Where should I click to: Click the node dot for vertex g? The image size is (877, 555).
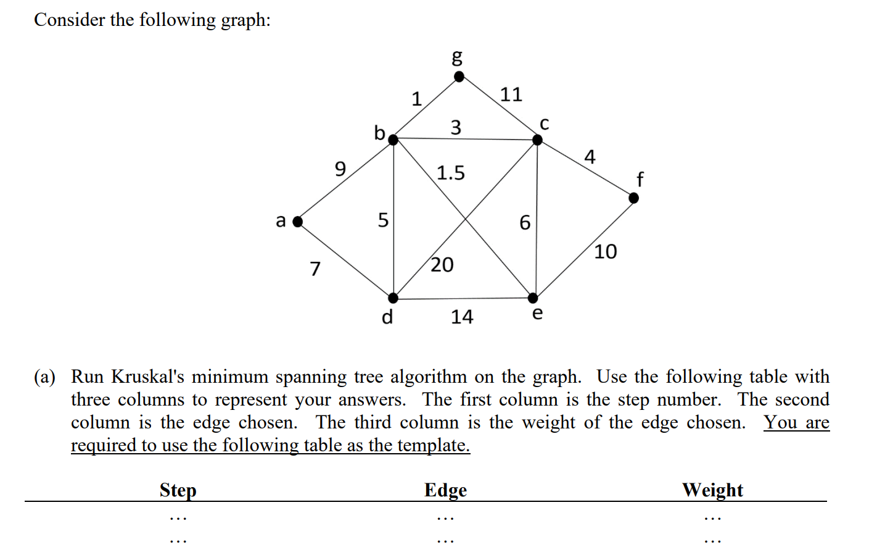pyautogui.click(x=459, y=77)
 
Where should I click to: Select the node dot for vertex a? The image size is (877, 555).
pyautogui.click(x=298, y=222)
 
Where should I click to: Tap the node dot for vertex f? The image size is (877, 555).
pyautogui.click(x=633, y=198)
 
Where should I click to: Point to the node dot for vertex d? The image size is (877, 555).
pyautogui.click(x=393, y=298)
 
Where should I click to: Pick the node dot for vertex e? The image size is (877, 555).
pyautogui.click(x=533, y=298)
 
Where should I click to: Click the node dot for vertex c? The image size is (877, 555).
pyautogui.click(x=537, y=140)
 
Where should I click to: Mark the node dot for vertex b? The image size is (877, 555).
pyautogui.click(x=393, y=140)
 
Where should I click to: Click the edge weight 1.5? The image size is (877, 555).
pyautogui.click(x=451, y=173)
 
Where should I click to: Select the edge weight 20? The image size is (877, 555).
pyautogui.click(x=442, y=265)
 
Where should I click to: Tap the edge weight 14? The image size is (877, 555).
pyautogui.click(x=462, y=317)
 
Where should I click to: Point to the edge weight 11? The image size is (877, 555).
pyautogui.click(x=511, y=94)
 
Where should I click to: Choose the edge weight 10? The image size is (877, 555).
pyautogui.click(x=605, y=251)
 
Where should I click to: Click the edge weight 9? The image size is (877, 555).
pyautogui.click(x=340, y=168)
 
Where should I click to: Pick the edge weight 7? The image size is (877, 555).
pyautogui.click(x=315, y=269)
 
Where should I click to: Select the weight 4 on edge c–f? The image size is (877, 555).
pyautogui.click(x=590, y=157)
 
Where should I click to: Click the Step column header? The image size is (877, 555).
pyautogui.click(x=178, y=490)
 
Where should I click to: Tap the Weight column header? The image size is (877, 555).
pyautogui.click(x=712, y=490)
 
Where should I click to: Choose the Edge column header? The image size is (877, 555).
pyautogui.click(x=445, y=490)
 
